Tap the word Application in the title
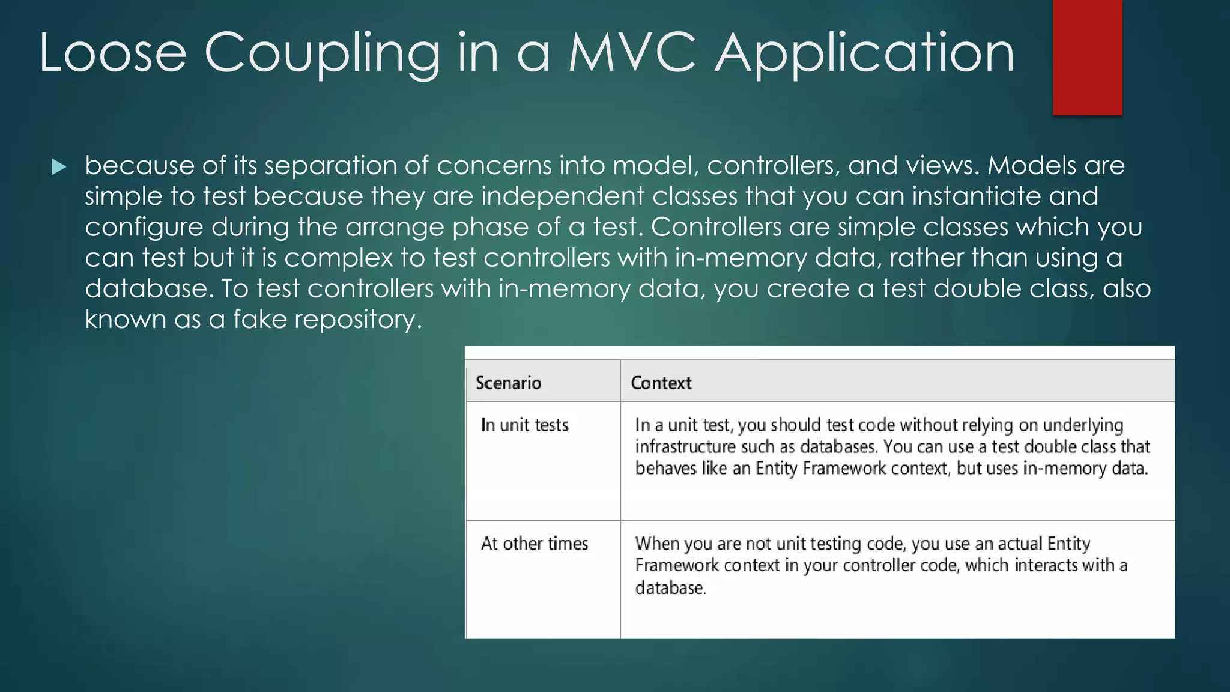(864, 54)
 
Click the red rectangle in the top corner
(1087, 57)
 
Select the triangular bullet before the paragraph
(59, 167)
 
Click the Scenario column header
(508, 383)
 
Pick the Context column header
(661, 383)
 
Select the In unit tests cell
(524, 425)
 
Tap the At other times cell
(535, 544)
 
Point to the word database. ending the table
(670, 588)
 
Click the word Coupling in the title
(322, 54)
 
